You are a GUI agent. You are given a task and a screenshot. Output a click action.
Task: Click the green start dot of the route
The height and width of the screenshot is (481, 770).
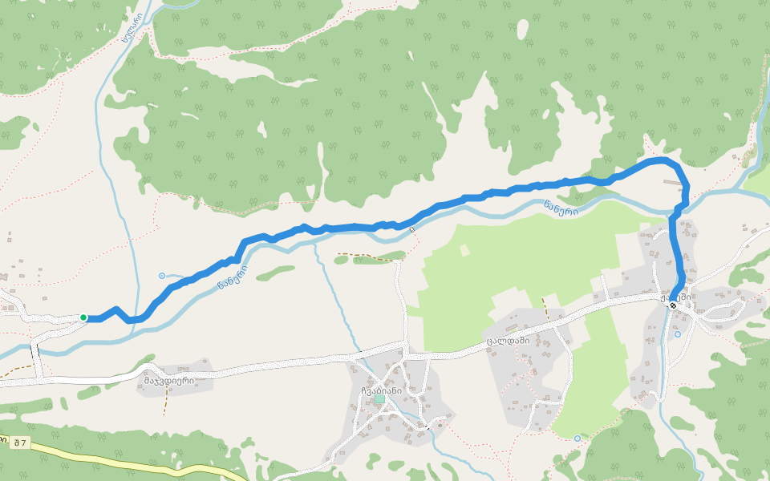83,317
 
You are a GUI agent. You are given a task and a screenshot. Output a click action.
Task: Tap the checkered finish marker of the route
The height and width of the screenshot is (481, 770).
672,305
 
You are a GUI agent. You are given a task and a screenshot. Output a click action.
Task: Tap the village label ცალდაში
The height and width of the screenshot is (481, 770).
509,341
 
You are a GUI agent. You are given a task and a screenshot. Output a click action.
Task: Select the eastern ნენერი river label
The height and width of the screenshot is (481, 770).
561,208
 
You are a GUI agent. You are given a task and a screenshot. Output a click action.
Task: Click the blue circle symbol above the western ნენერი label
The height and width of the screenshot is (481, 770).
162,276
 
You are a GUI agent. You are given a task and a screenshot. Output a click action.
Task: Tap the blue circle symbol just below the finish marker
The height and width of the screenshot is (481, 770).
678,333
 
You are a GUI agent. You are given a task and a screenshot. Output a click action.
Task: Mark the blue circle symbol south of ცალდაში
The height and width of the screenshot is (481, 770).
577,439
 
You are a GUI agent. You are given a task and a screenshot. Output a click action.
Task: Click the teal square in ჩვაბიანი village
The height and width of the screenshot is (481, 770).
379,398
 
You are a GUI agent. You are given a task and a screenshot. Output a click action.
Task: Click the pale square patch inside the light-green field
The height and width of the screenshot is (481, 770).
464,250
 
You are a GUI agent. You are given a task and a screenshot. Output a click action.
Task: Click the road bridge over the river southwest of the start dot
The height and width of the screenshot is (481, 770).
34,350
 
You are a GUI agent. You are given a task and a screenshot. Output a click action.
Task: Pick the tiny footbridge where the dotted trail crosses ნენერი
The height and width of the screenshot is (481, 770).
411,230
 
